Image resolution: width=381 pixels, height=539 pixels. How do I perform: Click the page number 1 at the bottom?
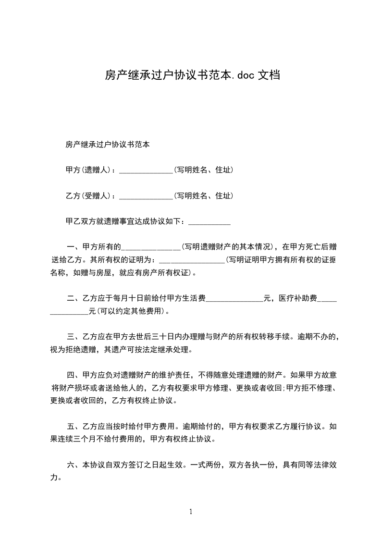point(191,512)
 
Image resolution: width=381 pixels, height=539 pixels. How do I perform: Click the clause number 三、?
point(74,337)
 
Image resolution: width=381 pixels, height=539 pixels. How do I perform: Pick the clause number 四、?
point(74,376)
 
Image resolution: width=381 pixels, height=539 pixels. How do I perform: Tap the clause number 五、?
point(74,426)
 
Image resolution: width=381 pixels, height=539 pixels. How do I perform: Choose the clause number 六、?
point(74,465)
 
